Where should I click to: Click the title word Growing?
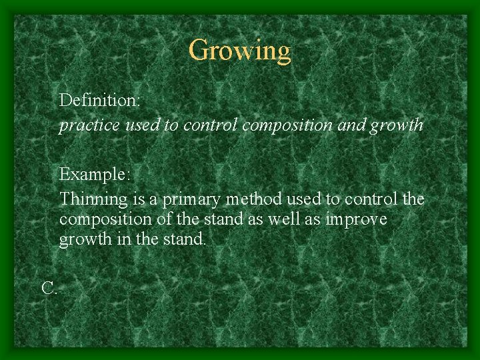[239, 51]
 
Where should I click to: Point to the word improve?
[356, 219]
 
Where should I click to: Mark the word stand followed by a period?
[183, 239]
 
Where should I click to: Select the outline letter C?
[49, 288]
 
